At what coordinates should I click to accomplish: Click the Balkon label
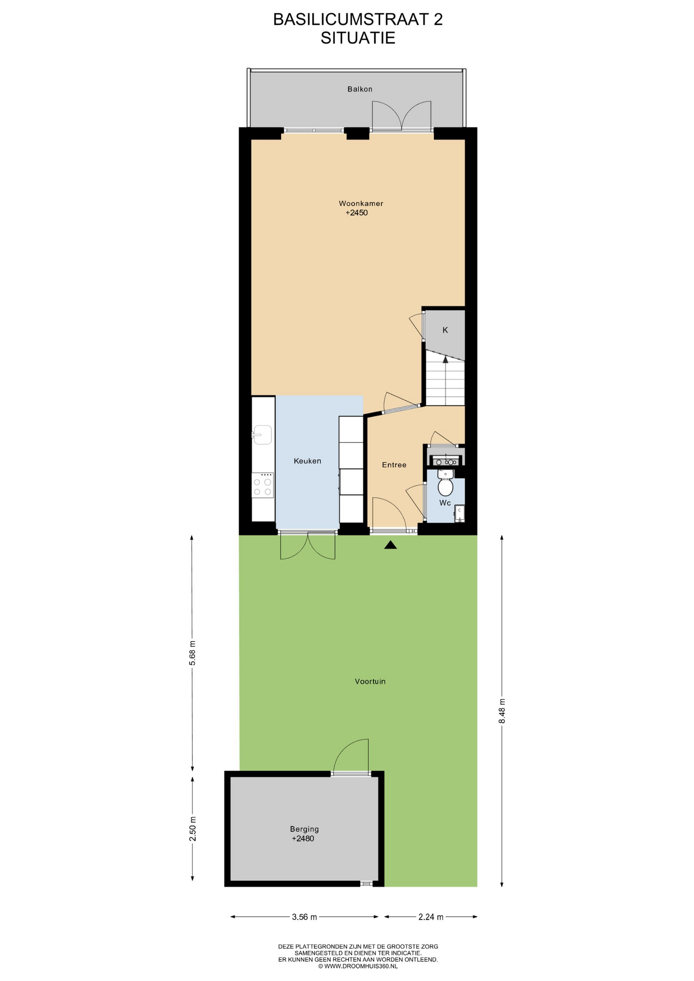tap(360, 89)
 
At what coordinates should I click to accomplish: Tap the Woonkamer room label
tap(361, 203)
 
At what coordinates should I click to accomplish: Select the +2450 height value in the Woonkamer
tap(357, 213)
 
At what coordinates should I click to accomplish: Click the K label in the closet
tap(445, 330)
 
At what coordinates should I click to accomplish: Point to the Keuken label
tap(308, 461)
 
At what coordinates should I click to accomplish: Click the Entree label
tap(395, 465)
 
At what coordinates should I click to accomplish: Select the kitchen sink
tap(263, 435)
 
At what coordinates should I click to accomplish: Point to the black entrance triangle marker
tap(390, 545)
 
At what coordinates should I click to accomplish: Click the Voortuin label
tap(371, 682)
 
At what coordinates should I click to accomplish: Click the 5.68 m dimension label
tap(193, 653)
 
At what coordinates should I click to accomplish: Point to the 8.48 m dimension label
tap(502, 711)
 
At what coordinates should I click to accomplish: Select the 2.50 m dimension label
tap(193, 829)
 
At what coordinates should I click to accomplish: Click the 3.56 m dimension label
tap(305, 917)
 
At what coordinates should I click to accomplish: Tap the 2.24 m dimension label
tap(431, 917)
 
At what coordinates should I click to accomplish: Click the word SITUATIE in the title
tap(358, 38)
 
